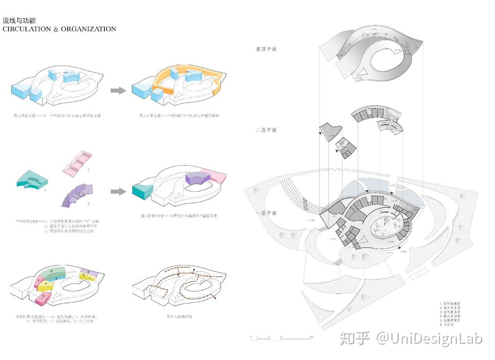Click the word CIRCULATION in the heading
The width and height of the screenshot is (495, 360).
(27, 29)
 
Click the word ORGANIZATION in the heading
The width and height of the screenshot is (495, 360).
(88, 29)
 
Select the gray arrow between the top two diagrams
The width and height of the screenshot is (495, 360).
(118, 91)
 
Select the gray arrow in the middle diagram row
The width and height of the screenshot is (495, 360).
(118, 191)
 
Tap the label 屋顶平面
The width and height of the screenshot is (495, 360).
(266, 49)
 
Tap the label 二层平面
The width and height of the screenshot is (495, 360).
(266, 130)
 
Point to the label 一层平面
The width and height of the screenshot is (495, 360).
(266, 213)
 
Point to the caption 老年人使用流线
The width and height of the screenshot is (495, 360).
(179, 317)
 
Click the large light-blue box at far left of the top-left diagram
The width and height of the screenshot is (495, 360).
(21, 91)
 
